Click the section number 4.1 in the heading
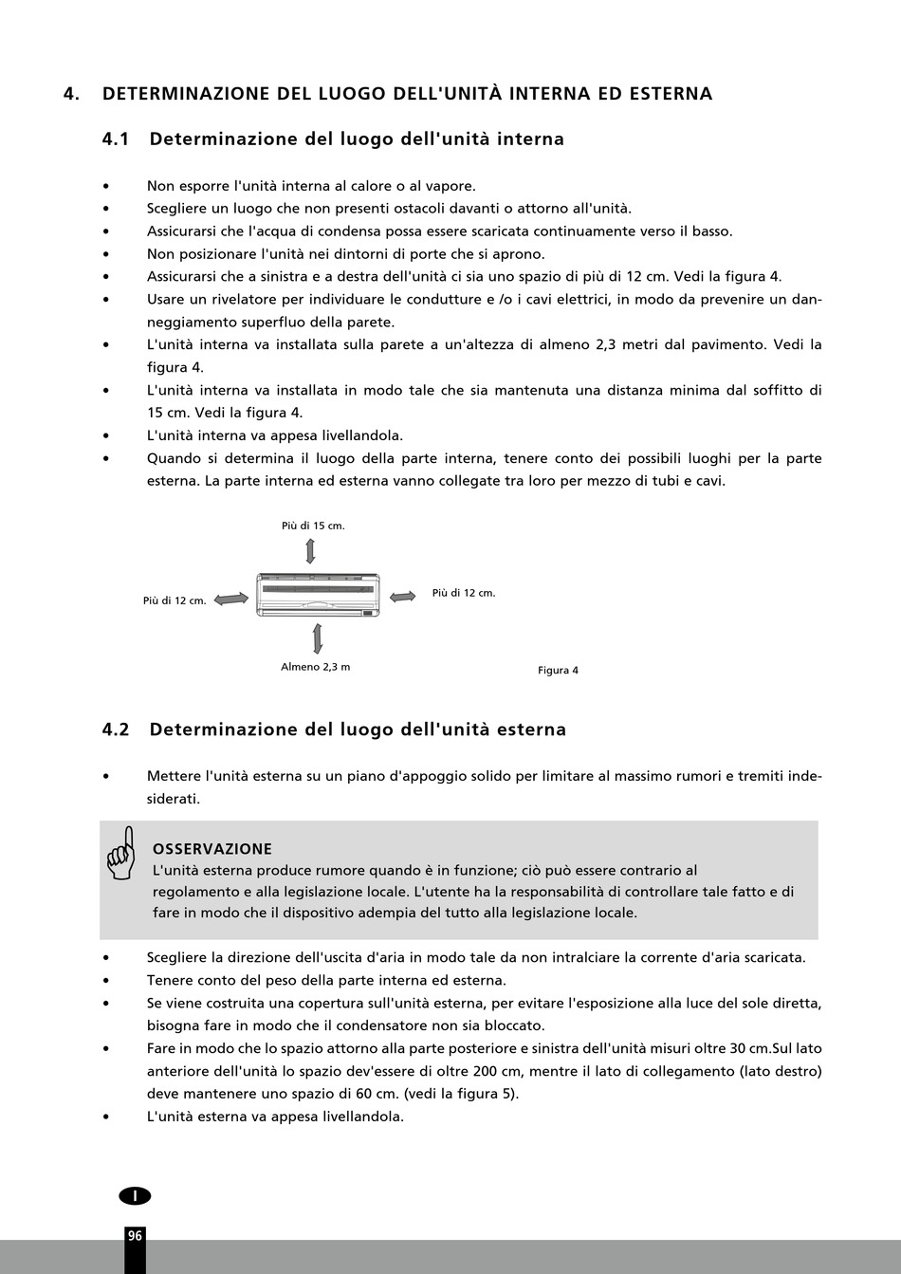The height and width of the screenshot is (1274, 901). click(x=115, y=139)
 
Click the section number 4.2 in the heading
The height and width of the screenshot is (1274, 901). click(x=115, y=729)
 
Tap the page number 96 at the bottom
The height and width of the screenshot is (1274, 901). click(x=135, y=1235)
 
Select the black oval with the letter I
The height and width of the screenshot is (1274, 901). click(x=135, y=1196)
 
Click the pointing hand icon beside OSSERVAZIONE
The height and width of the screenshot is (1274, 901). click(x=121, y=853)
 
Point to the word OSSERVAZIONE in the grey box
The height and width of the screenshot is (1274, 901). click(x=212, y=849)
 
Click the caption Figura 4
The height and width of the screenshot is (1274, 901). click(x=558, y=671)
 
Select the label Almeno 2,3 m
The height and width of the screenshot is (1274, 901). click(x=315, y=667)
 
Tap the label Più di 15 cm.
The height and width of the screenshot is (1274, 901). click(x=313, y=526)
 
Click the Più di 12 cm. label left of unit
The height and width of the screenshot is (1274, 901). click(x=175, y=600)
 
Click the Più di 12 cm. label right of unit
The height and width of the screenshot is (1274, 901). click(x=464, y=593)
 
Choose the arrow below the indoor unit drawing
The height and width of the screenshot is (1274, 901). click(x=317, y=638)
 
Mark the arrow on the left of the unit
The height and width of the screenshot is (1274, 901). click(x=231, y=599)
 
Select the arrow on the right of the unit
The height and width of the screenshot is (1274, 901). click(x=403, y=596)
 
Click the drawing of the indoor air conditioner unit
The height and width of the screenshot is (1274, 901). click(x=318, y=595)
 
